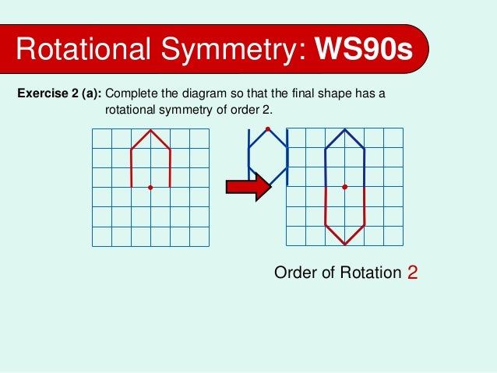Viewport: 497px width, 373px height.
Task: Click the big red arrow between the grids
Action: (246, 187)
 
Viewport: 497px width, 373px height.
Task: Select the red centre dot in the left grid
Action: (150, 188)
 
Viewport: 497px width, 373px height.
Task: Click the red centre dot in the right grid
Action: (345, 187)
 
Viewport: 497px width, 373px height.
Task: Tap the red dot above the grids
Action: (267, 128)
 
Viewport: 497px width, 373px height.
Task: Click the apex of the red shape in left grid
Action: (150, 129)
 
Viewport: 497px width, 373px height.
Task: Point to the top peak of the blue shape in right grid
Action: (345, 129)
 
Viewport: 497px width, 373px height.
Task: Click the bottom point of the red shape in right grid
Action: (345, 245)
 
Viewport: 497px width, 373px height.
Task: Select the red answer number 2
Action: (412, 273)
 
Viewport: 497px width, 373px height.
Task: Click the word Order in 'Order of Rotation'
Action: (293, 273)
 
